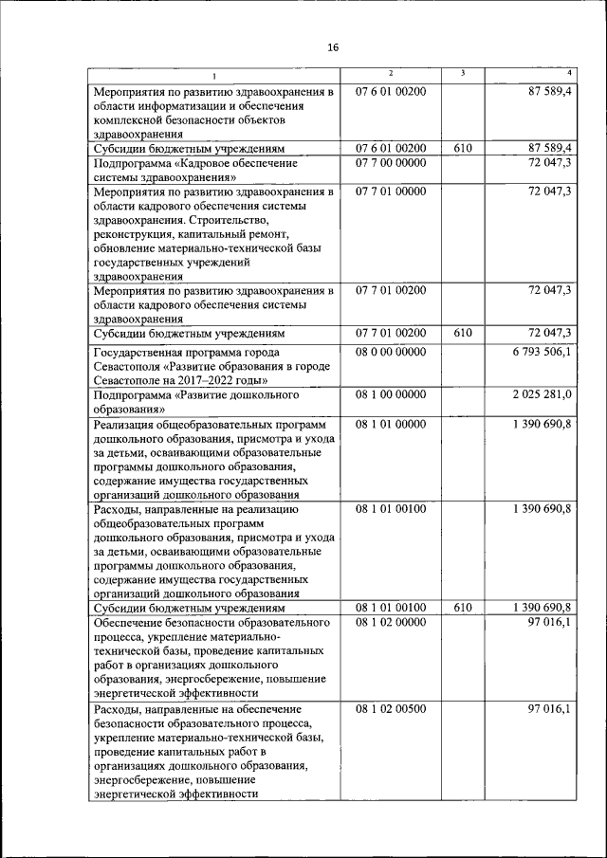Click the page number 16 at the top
coord(332,47)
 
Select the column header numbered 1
coord(214,76)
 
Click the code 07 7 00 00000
coord(391,163)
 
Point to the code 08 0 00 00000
coord(391,352)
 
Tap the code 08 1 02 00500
coord(391,708)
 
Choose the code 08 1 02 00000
coord(391,622)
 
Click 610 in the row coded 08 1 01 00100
coord(463,607)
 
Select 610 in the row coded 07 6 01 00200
coord(463,149)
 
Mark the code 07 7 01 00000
coord(391,192)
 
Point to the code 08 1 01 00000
coord(391,424)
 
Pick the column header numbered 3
coord(462,74)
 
